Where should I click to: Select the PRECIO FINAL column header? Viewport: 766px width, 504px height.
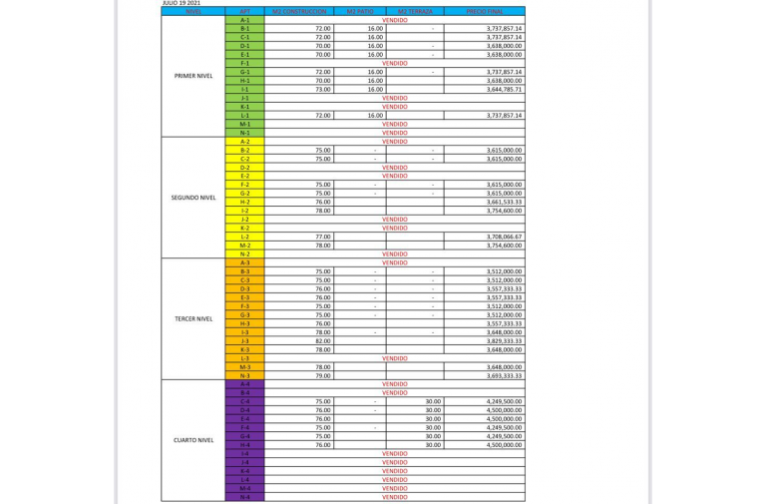tap(484, 11)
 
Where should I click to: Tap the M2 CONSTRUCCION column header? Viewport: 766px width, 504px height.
tap(298, 11)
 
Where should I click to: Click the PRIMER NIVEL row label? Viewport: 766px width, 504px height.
tap(193, 76)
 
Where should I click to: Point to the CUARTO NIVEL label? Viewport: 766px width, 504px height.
tap(193, 440)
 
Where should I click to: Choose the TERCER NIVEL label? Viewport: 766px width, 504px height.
tap(193, 319)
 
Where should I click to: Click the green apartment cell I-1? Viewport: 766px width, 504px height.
tap(245, 90)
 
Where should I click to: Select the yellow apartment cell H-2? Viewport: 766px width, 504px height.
tap(245, 203)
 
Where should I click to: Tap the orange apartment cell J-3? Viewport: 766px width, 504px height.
tap(245, 341)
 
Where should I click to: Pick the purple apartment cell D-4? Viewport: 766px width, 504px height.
tap(245, 410)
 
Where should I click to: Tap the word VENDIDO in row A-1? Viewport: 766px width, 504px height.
tap(394, 20)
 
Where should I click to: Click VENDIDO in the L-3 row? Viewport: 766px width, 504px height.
tap(394, 358)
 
